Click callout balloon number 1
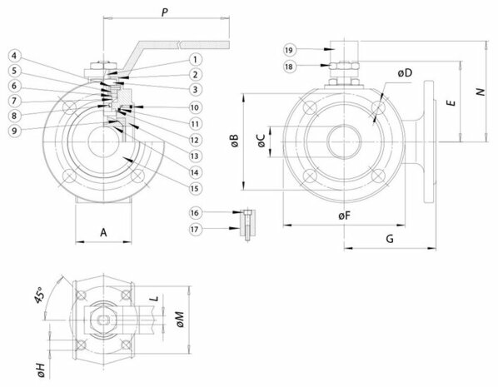pyautogui.click(x=195, y=59)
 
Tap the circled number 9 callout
pyautogui.click(x=13, y=130)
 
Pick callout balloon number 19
pyautogui.click(x=289, y=50)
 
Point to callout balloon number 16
pyautogui.click(x=195, y=213)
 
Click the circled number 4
pyautogui.click(x=14, y=56)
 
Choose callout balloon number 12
pyautogui.click(x=195, y=140)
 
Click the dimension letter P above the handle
pyautogui.click(x=165, y=12)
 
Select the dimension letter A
pyautogui.click(x=103, y=232)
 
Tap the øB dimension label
pyautogui.click(x=235, y=141)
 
